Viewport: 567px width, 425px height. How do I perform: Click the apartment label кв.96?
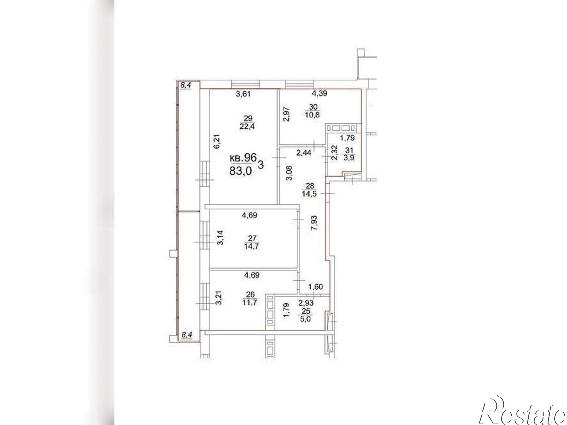click(243, 158)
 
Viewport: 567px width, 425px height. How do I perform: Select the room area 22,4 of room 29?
click(247, 126)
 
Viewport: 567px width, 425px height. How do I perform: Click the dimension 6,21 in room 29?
click(217, 142)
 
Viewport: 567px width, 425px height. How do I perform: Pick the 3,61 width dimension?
click(244, 94)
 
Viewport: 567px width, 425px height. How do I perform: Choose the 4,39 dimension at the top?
click(320, 93)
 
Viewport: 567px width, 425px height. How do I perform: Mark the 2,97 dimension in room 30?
click(287, 114)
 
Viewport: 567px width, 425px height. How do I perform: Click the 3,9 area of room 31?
click(351, 158)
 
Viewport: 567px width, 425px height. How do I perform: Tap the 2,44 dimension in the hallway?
click(304, 153)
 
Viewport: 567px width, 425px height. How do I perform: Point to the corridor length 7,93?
click(314, 223)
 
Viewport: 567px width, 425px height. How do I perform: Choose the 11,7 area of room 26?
click(249, 302)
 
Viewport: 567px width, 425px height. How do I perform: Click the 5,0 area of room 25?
click(306, 319)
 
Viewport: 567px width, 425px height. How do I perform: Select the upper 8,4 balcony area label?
click(186, 85)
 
